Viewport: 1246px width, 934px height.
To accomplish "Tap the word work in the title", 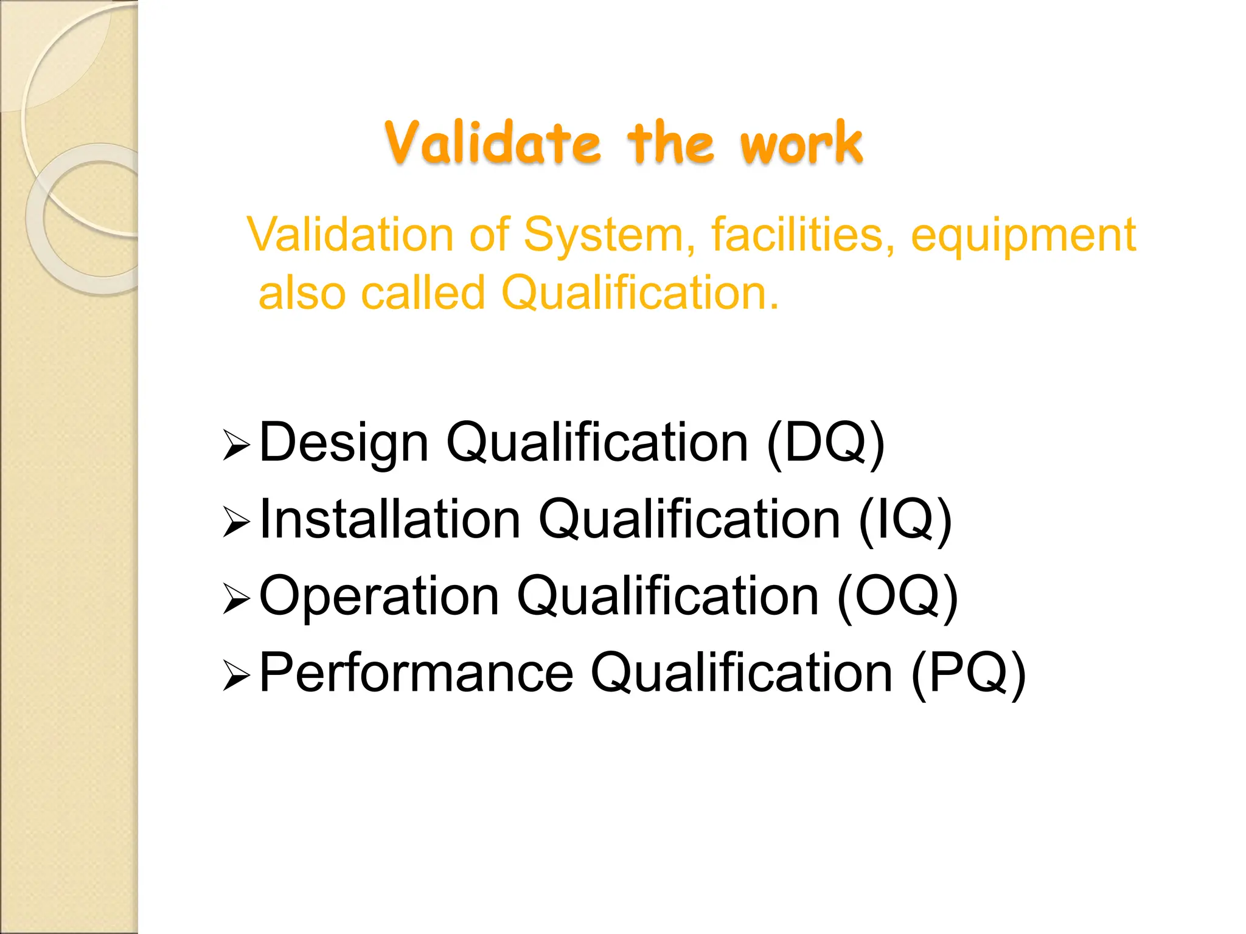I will [x=801, y=144].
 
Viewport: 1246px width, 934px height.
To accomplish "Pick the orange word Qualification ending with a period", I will [x=639, y=293].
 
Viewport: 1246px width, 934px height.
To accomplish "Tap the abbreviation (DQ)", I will [x=825, y=443].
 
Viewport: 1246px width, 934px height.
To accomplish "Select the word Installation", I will [x=390, y=519].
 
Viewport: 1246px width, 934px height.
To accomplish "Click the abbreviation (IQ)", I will [x=905, y=520].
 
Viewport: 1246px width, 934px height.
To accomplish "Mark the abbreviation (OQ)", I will [x=897, y=597].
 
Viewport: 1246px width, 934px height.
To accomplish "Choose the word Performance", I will [x=416, y=673].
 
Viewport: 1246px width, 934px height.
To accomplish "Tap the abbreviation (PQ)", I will [x=968, y=673].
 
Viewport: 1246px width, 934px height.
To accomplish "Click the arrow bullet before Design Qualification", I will [x=236, y=445].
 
